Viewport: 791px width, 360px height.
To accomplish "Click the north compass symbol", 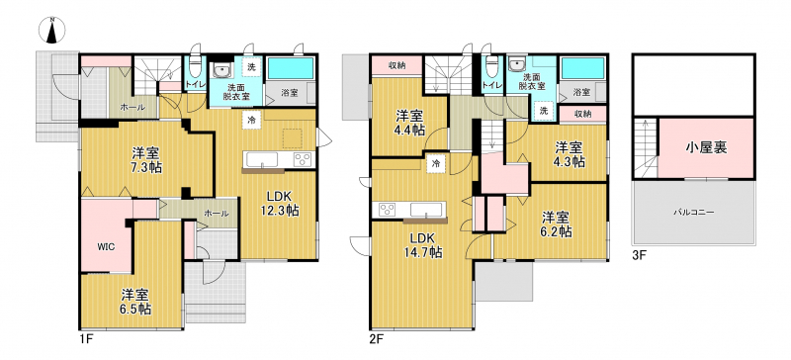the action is (52, 31).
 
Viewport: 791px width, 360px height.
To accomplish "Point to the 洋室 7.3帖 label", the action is (147, 159).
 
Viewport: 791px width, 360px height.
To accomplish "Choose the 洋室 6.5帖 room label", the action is (136, 301).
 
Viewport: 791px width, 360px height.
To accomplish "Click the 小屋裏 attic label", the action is (706, 147).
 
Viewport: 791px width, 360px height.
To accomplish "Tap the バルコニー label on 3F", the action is (693, 213).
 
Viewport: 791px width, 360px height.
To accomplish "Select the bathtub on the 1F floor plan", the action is (291, 68).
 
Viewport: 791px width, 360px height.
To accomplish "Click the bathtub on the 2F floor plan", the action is (583, 68).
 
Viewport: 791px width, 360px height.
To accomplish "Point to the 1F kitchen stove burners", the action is (304, 159).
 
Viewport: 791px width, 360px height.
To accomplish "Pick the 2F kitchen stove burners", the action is (388, 210).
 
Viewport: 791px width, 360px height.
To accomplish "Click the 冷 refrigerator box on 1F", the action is (251, 120).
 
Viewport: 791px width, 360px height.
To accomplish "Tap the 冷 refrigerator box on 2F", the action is (436, 163).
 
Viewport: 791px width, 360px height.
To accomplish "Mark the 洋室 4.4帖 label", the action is (409, 123).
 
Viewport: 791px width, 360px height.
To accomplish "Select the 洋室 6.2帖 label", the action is (557, 225).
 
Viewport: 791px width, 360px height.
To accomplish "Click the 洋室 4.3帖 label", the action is (571, 154).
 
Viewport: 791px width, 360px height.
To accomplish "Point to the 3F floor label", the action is (639, 255).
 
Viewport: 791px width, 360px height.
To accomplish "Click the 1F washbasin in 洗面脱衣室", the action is (221, 68).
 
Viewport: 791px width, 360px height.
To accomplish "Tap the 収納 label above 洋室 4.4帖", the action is (396, 65).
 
